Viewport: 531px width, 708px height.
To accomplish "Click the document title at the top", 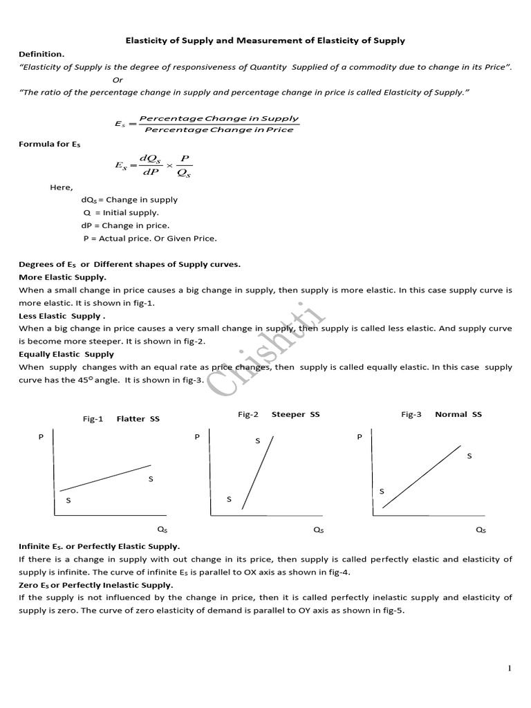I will point(265,41).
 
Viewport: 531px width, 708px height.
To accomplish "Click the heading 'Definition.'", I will point(41,54).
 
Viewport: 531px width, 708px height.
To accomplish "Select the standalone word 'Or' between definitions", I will point(118,80).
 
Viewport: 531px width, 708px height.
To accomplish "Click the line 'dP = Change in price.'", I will point(125,225).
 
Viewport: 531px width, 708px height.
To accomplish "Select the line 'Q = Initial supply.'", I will point(121,212).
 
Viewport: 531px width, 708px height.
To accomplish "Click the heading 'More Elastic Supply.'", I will point(62,277).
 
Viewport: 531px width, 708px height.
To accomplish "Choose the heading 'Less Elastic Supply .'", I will point(62,315).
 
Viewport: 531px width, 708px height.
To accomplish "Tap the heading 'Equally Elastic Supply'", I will point(66,354).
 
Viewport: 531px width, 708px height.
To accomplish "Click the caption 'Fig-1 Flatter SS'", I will point(121,418).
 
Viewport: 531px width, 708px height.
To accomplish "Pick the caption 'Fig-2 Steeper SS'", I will point(279,414).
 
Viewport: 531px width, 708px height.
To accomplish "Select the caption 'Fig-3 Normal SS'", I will point(441,414).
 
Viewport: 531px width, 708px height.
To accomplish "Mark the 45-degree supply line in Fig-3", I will point(422,477).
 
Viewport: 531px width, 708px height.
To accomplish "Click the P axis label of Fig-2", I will point(197,437).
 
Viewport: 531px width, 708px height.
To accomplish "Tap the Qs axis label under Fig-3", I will point(481,530).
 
